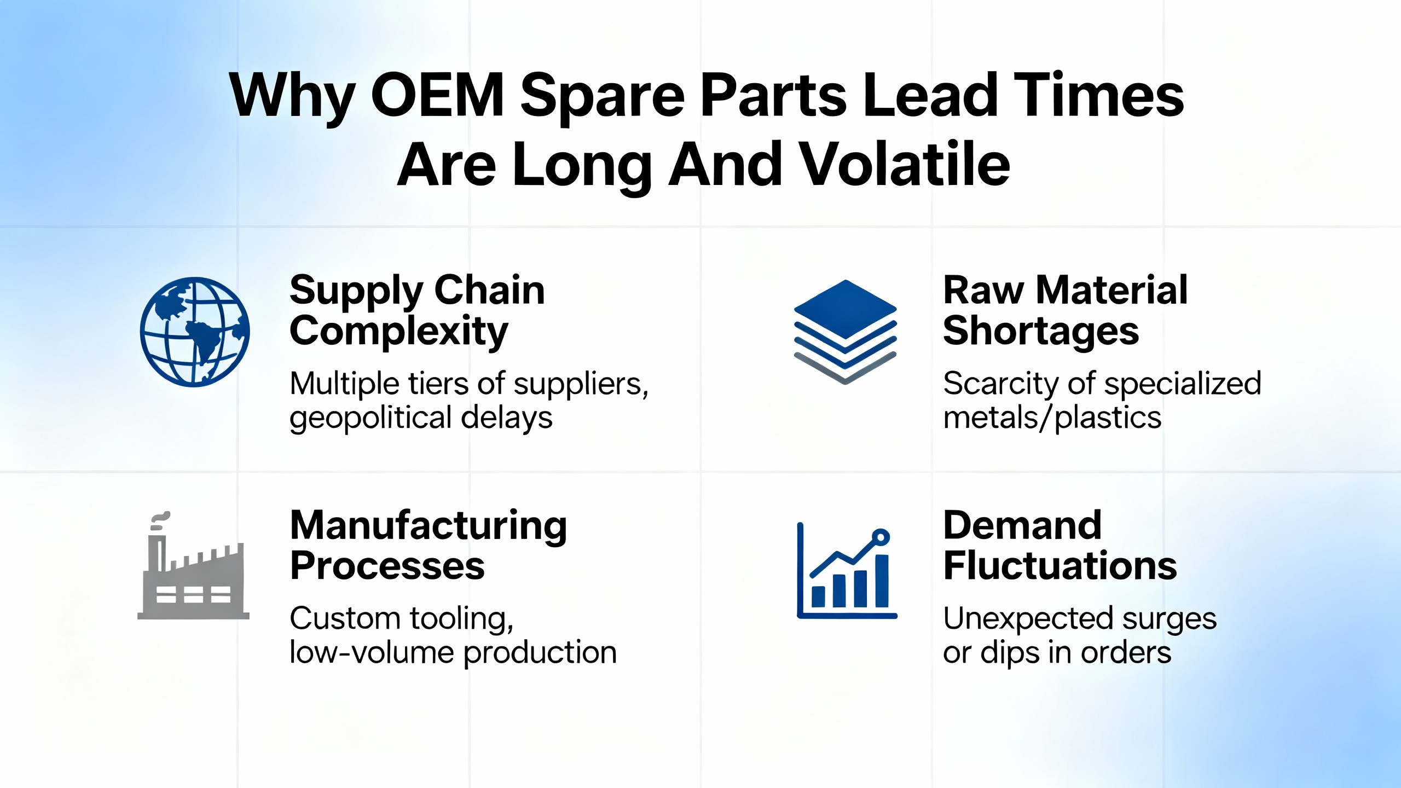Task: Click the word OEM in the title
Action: click(x=438, y=96)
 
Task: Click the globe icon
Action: click(x=195, y=332)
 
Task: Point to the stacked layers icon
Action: click(x=846, y=332)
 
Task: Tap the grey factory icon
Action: click(x=193, y=566)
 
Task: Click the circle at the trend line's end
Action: click(x=881, y=537)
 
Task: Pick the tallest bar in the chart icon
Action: click(x=882, y=580)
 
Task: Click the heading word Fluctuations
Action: click(x=1060, y=566)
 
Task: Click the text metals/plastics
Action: click(x=1052, y=418)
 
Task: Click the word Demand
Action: click(x=1022, y=525)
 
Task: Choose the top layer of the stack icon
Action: click(x=846, y=309)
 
